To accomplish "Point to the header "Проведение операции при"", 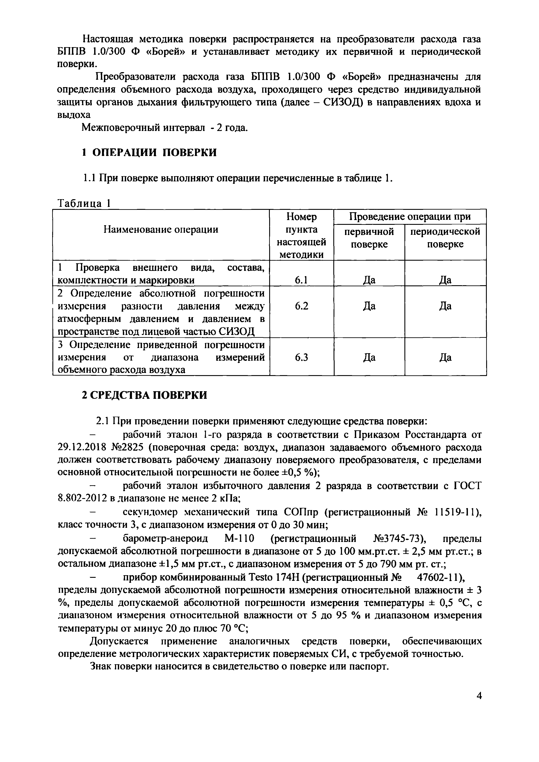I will [410, 217].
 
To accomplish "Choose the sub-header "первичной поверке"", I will [369, 238].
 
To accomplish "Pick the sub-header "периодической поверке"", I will [445, 238].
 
